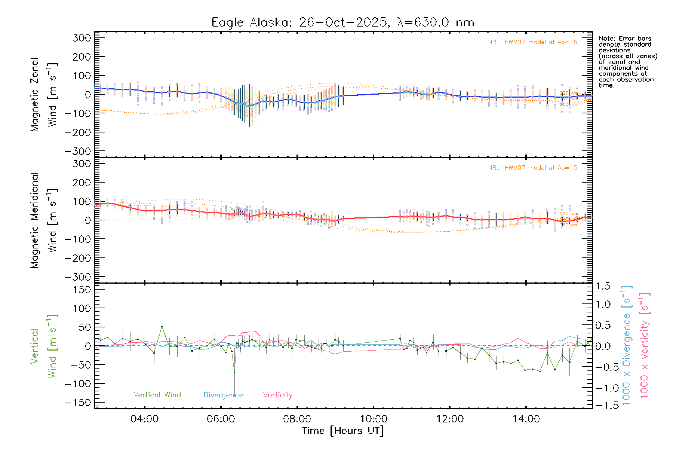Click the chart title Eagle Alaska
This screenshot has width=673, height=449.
pos(342,22)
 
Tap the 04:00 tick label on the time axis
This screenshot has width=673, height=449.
pos(144,419)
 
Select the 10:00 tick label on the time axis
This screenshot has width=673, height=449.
pos(373,419)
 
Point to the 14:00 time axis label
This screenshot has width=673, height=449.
pos(526,419)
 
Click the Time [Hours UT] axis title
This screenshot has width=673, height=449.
pos(343,431)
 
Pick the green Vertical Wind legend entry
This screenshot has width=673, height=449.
pos(157,395)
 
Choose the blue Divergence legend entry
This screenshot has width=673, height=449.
pos(223,395)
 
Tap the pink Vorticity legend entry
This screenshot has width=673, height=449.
pos(277,395)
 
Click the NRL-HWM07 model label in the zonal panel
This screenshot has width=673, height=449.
pos(532,42)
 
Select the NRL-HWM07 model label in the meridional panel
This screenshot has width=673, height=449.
pos(532,168)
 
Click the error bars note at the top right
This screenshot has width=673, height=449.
pos(627,62)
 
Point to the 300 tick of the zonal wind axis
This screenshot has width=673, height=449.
pos(82,38)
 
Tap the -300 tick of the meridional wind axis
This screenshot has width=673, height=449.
pos(78,277)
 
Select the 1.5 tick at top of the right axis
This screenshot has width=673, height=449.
pos(603,286)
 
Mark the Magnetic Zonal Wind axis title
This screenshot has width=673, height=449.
pos(44,95)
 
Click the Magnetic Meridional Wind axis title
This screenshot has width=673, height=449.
pos(44,220)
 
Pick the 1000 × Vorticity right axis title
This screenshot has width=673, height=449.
pos(645,345)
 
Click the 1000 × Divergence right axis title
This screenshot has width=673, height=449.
pos(627,345)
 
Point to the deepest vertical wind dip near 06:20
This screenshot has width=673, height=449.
pos(234,373)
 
